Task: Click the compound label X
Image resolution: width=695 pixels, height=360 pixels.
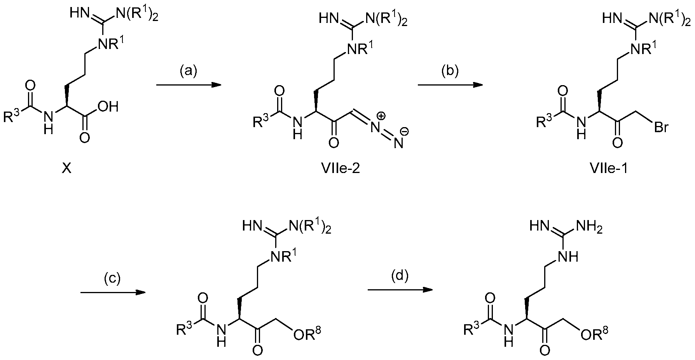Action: click(x=67, y=170)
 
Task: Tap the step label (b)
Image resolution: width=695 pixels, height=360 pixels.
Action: click(x=450, y=71)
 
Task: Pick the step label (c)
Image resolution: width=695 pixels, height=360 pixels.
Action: click(x=112, y=278)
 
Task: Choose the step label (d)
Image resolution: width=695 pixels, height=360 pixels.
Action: click(x=400, y=276)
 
